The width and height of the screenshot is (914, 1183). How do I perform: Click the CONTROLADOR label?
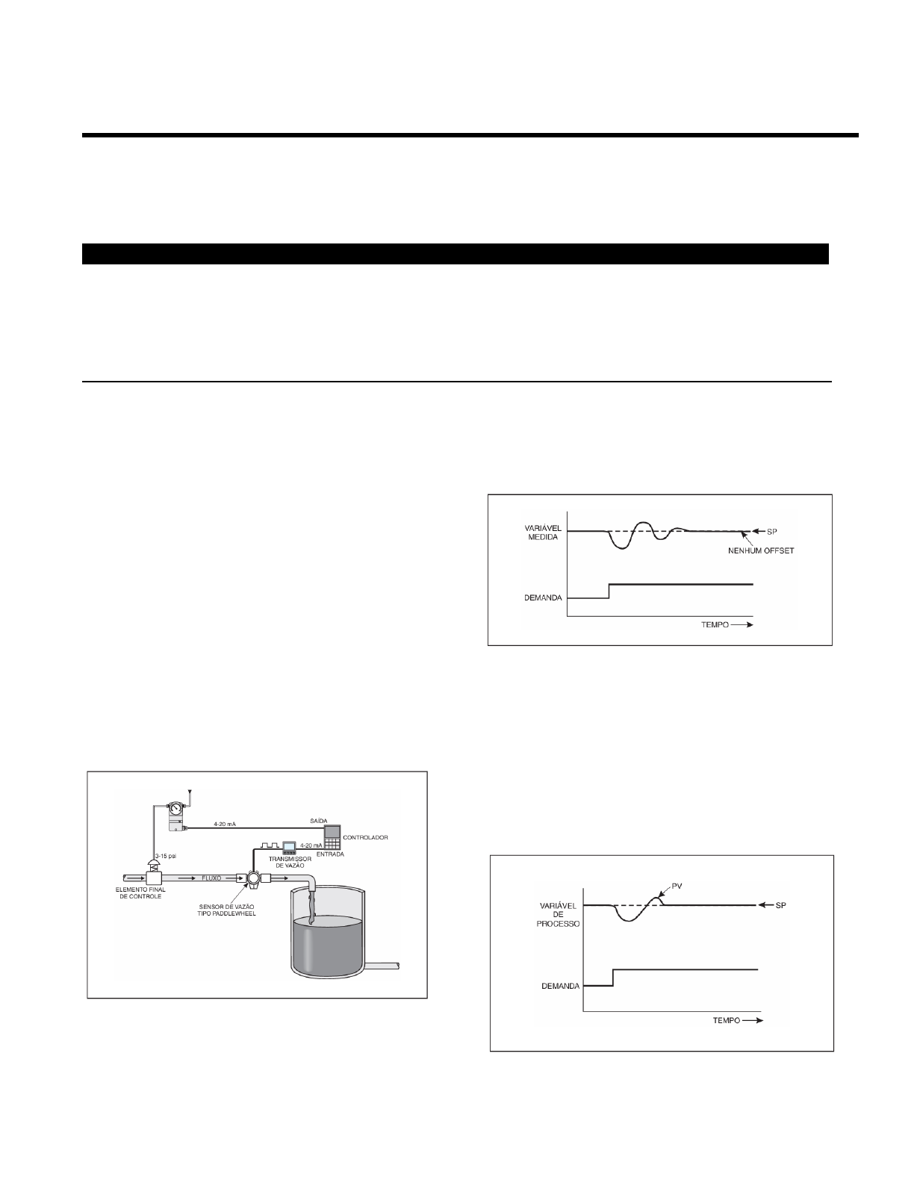[365, 837]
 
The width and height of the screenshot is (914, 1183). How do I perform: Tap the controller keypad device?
[332, 837]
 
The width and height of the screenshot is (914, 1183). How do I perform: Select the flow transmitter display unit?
[288, 847]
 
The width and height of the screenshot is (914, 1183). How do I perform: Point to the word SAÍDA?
[318, 821]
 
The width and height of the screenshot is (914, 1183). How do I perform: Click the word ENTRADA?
[331, 854]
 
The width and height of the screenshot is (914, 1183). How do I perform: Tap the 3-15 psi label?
[166, 856]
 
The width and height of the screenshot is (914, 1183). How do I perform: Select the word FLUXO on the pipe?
[211, 878]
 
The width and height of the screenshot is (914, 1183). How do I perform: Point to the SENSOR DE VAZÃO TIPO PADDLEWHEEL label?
[226, 910]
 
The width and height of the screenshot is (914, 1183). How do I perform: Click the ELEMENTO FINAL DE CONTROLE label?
[140, 892]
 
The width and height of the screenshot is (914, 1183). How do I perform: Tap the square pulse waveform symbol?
[270, 845]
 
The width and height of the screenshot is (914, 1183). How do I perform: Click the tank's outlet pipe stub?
[382, 966]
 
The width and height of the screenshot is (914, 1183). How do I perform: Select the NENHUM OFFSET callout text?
[761, 551]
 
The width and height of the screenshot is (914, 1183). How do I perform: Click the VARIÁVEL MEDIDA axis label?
[543, 532]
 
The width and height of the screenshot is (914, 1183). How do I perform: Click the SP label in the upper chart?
[772, 531]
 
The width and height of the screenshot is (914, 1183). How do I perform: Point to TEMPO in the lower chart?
[726, 1020]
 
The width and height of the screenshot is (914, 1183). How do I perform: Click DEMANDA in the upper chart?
[543, 597]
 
